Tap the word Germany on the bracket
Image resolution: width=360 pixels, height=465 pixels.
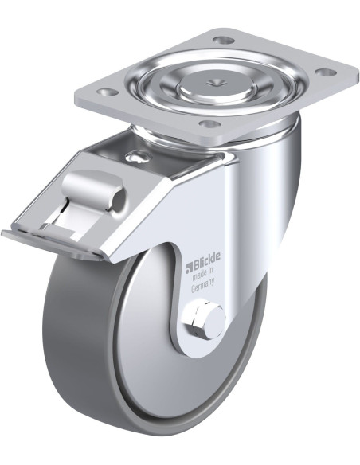click(203, 285)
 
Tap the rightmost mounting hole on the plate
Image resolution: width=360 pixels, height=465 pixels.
click(325, 72)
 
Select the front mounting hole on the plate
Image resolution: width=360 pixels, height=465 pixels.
click(209, 123)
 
